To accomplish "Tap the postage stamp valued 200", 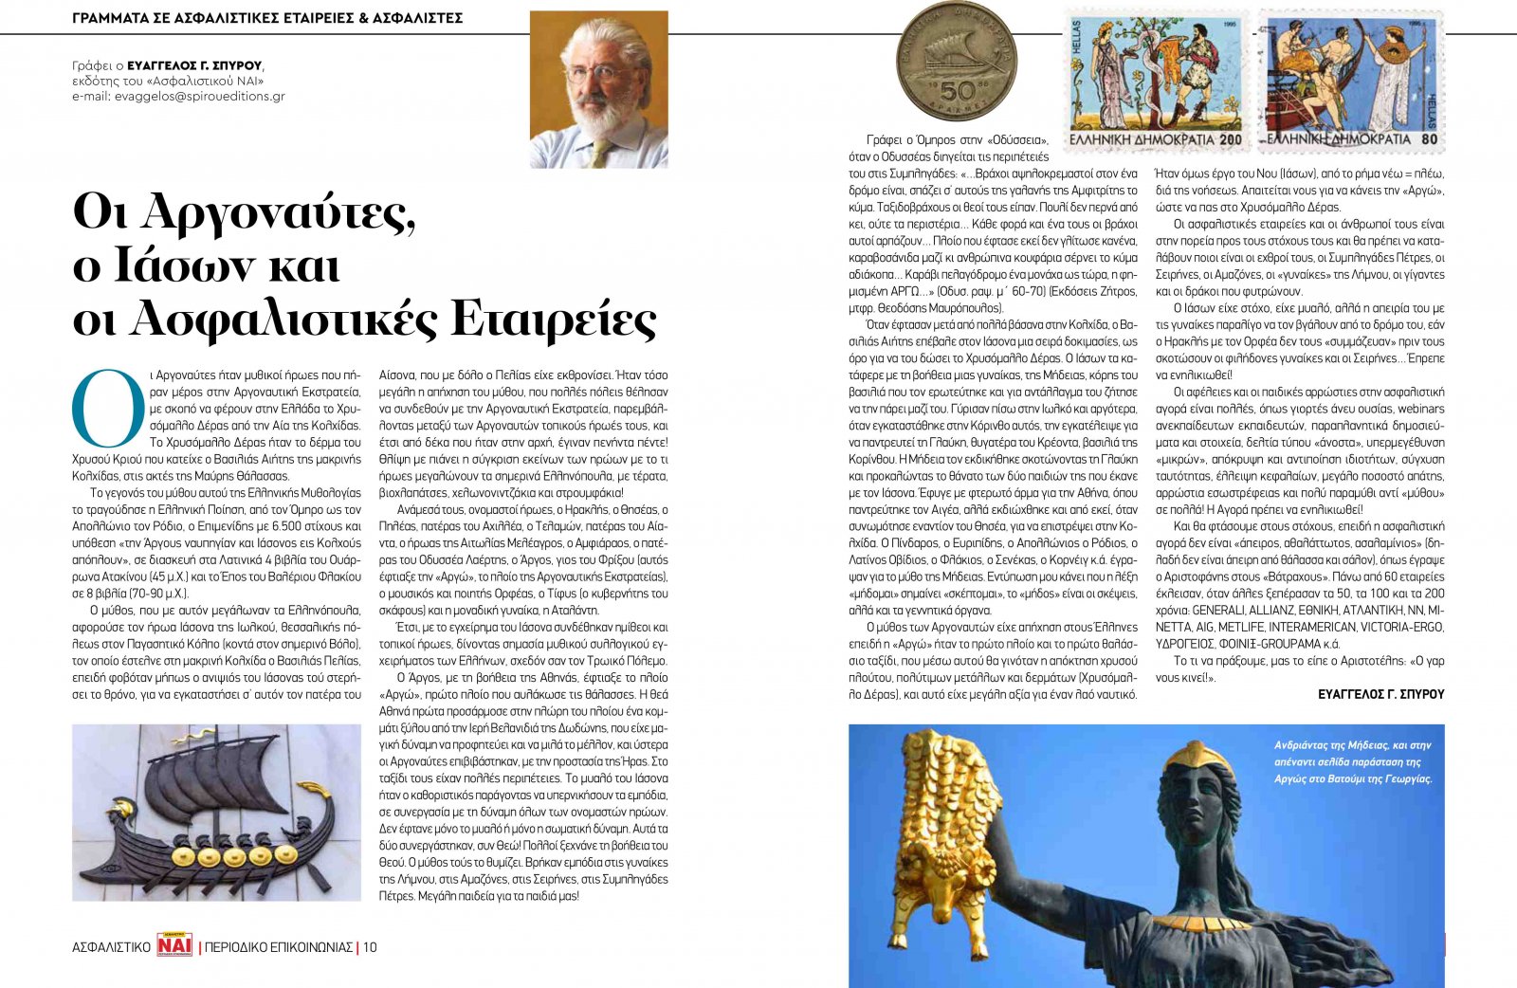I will tap(1155, 81).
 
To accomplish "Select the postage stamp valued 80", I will tap(1350, 81).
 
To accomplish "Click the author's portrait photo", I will tap(598, 90).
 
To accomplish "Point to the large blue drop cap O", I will tap(108, 407).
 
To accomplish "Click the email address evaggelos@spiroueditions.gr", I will tap(199, 97).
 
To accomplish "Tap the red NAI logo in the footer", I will tap(174, 946).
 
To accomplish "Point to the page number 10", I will tap(370, 947).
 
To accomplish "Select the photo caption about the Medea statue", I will tap(1352, 761).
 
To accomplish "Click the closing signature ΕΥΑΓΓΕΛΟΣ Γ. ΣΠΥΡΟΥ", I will tap(1380, 695).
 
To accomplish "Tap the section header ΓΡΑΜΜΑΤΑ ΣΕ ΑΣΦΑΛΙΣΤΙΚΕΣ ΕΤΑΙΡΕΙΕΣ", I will tap(267, 18).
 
